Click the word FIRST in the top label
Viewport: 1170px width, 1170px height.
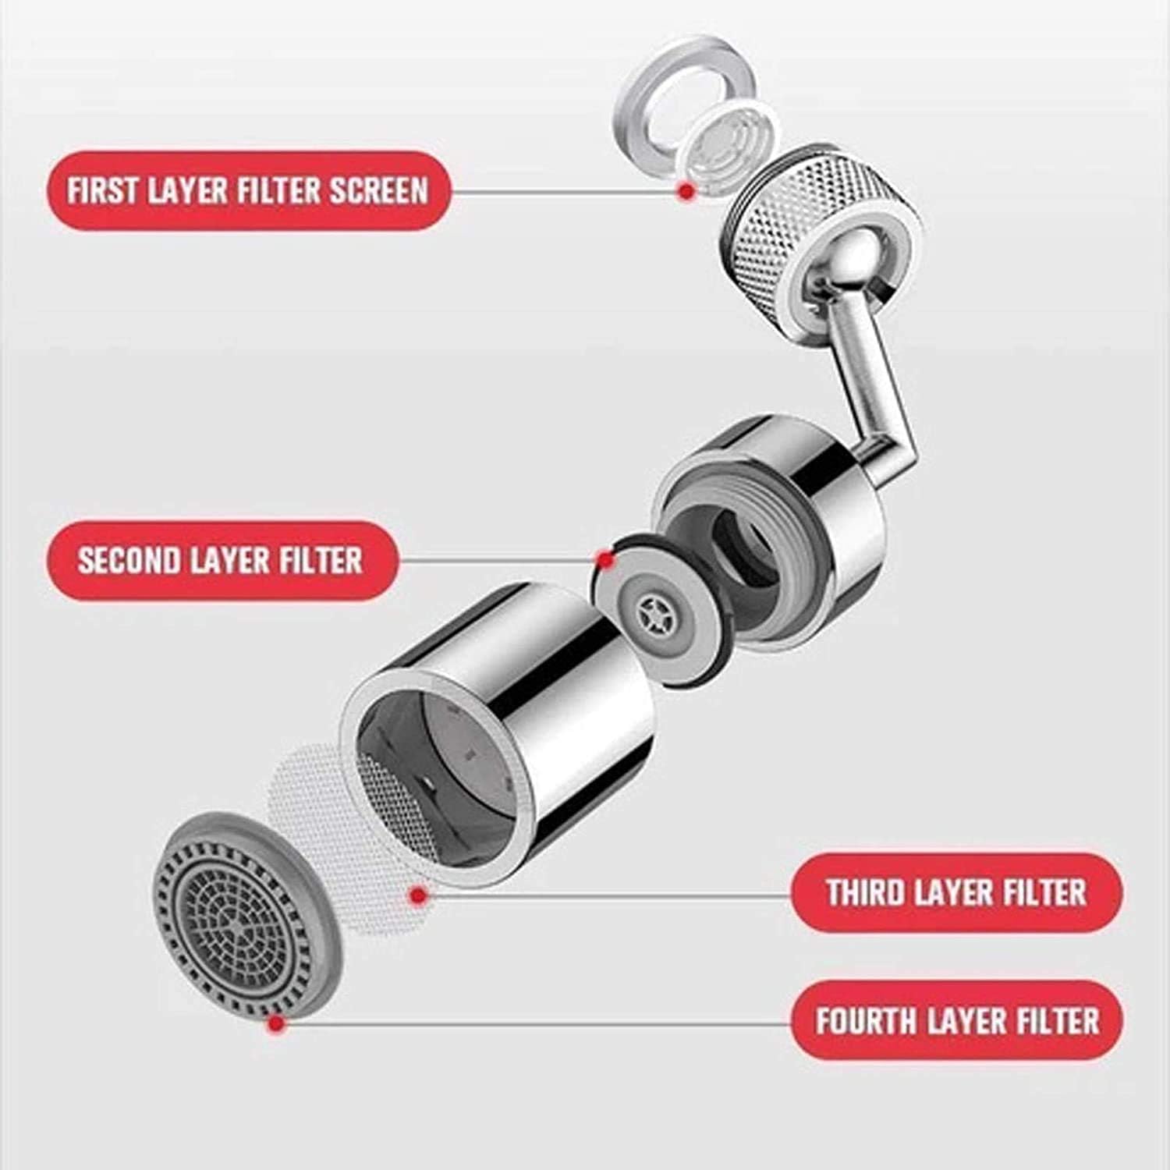(x=104, y=191)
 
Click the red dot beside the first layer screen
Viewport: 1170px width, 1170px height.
(x=686, y=190)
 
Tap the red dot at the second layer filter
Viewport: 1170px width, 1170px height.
(x=603, y=558)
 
